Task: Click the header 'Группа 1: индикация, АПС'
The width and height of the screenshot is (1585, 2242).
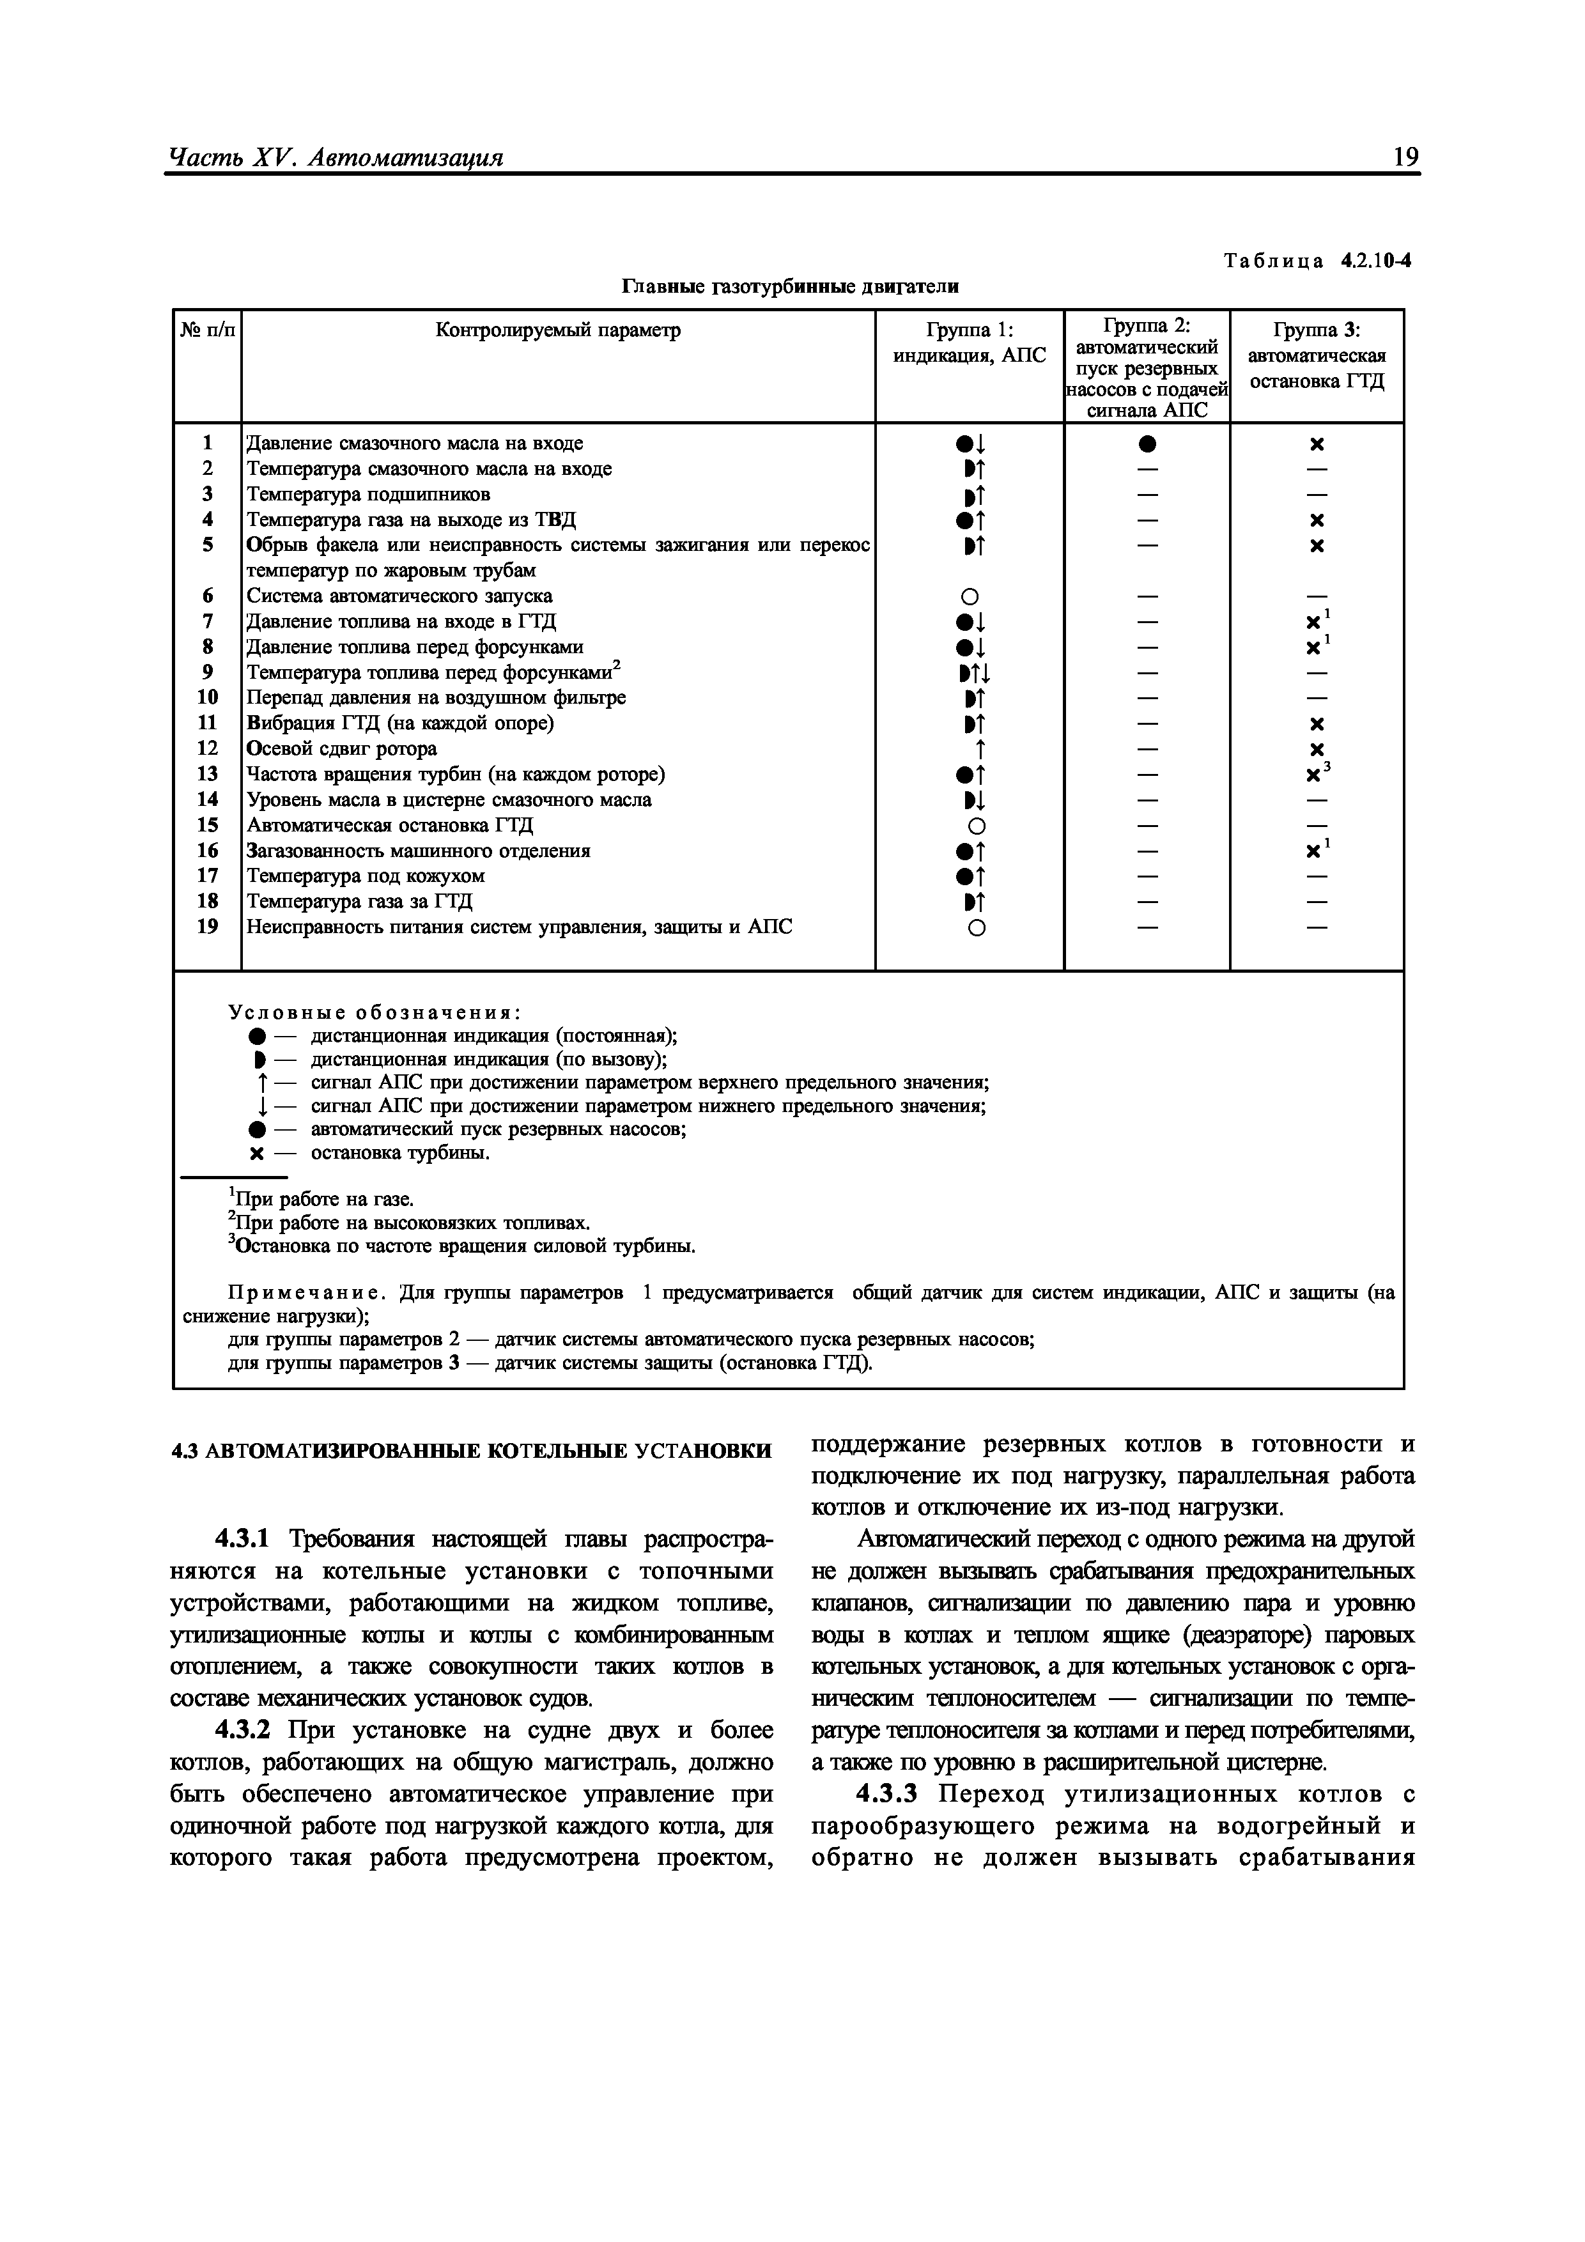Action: click(969, 343)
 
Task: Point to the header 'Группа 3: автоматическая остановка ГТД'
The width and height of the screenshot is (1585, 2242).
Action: click(1317, 355)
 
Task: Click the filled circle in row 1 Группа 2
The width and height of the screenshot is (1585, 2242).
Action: click(1147, 444)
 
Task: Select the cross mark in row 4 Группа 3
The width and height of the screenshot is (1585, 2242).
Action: click(1317, 520)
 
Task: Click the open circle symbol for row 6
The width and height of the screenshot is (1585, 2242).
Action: click(976, 597)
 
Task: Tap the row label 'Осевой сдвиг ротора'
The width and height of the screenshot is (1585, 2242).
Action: click(342, 749)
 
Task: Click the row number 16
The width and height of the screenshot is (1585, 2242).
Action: click(207, 851)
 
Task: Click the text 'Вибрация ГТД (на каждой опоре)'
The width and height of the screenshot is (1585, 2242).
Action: click(399, 723)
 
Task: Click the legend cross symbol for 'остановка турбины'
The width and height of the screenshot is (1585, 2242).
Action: click(257, 1154)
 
